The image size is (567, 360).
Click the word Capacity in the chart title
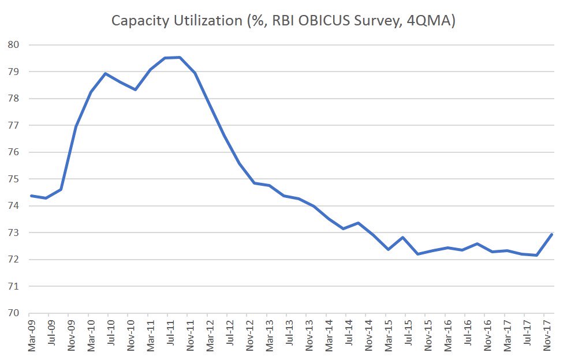pos(140,21)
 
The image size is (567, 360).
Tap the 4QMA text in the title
pos(428,21)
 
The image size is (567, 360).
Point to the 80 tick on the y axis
pos(13,45)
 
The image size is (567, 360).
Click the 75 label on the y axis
pos(13,179)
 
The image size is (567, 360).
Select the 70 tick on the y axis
pos(13,313)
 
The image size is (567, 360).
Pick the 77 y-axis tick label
pos(13,125)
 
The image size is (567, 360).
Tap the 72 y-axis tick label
pos(13,260)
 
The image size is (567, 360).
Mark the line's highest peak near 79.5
pos(180,57)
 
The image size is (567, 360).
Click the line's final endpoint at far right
pos(552,234)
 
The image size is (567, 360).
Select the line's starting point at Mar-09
pos(31,196)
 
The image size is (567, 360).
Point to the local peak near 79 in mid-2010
pos(105,73)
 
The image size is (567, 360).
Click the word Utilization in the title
pos(208,20)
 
